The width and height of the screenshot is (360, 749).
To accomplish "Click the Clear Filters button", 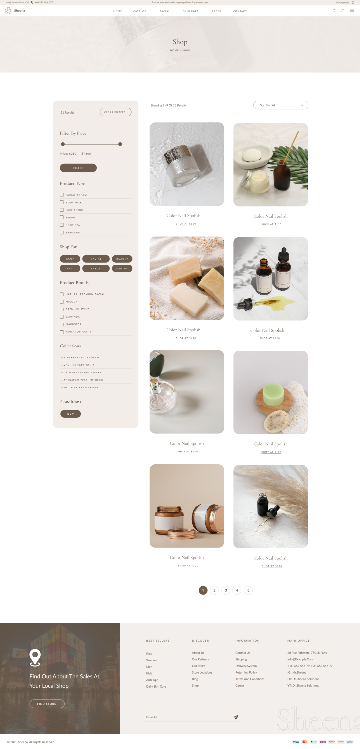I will (x=115, y=112).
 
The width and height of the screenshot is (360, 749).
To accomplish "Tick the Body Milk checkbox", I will (x=62, y=202).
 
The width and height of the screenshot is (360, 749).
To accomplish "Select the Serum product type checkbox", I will (x=62, y=217).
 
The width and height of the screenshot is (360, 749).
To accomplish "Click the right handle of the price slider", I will (x=120, y=144).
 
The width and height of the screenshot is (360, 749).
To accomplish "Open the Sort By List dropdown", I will (x=280, y=105).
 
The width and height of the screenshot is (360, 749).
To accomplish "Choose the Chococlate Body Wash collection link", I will (x=82, y=372).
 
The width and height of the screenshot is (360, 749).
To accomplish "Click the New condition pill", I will (x=70, y=414).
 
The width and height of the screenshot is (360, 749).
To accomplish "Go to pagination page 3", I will (x=226, y=590).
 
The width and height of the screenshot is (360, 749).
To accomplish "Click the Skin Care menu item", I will (x=191, y=11).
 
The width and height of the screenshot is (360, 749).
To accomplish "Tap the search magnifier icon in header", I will (x=334, y=10).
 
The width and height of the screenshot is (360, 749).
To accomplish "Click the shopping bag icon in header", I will (x=343, y=10).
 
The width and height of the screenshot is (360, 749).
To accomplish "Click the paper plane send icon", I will (x=236, y=717).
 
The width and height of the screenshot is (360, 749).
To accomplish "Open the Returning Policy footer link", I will (x=246, y=673).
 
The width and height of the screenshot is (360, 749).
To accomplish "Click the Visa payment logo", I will (x=296, y=742).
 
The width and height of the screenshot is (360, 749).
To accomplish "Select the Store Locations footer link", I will (x=202, y=673).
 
